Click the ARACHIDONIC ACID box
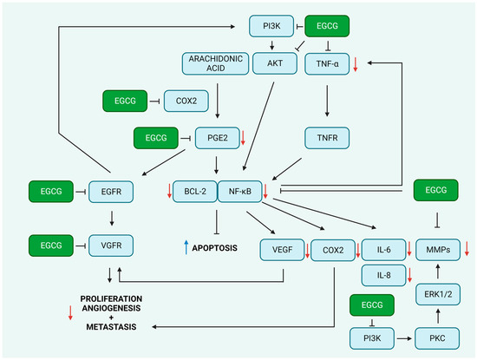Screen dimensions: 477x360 click(x=215, y=63)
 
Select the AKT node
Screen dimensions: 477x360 click(x=275, y=63)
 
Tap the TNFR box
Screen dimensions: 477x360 click(x=327, y=138)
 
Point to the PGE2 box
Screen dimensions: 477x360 click(x=217, y=138)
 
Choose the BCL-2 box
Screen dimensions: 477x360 click(x=195, y=192)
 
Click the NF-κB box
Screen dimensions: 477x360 click(x=240, y=192)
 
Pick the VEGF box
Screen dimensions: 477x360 click(x=283, y=250)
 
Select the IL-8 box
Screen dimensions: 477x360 click(x=383, y=275)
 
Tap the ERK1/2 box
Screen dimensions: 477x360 click(x=438, y=294)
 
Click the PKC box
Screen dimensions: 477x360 click(x=437, y=338)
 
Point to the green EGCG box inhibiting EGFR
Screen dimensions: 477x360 click(x=51, y=192)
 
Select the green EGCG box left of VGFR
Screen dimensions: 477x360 click(x=51, y=245)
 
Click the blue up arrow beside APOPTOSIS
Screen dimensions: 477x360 click(x=186, y=247)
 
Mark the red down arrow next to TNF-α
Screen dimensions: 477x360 click(x=355, y=64)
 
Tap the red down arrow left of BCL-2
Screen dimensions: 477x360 click(x=169, y=191)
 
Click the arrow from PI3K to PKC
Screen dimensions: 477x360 click(x=405, y=338)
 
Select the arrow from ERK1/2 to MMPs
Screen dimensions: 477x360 click(x=438, y=272)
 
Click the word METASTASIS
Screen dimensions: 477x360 click(x=111, y=327)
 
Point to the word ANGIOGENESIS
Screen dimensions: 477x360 click(x=111, y=308)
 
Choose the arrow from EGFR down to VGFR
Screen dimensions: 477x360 click(x=112, y=219)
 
